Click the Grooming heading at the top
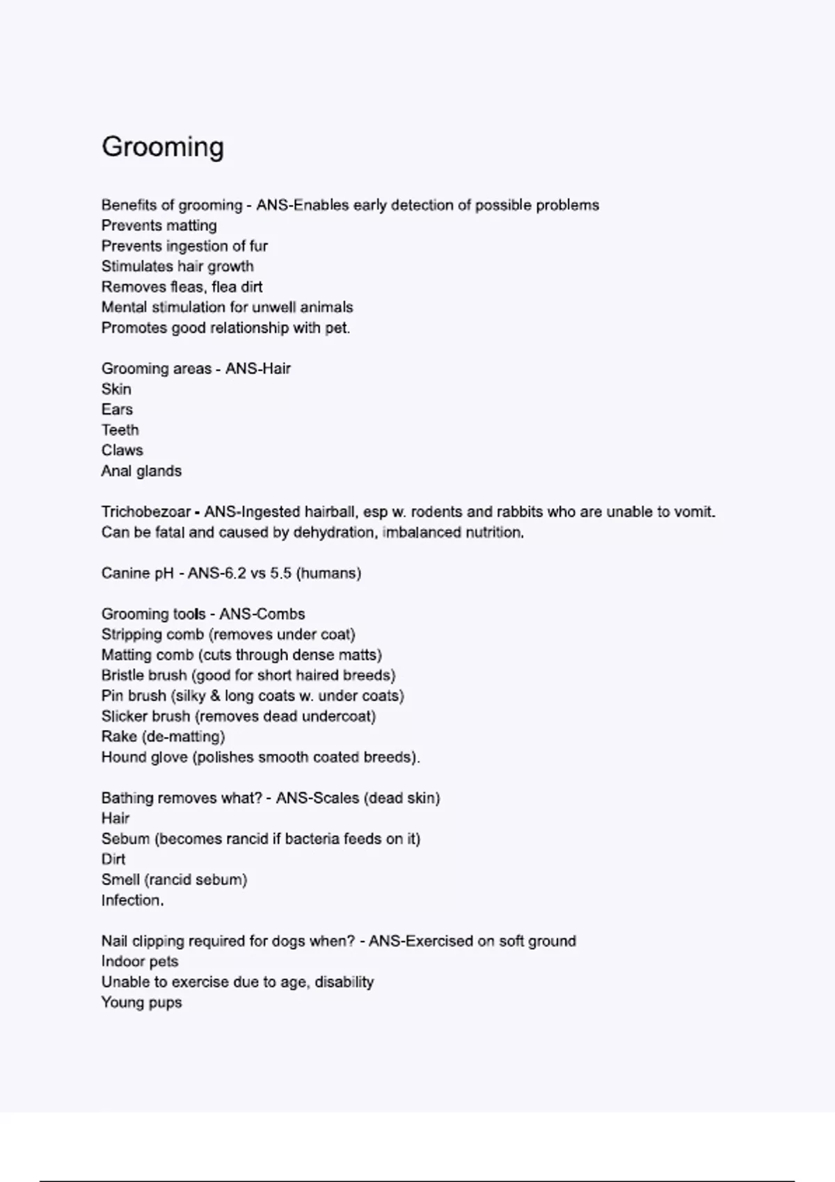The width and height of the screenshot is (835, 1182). coord(163,147)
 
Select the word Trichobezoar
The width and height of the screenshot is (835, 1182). coord(145,512)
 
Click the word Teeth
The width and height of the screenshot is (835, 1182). coord(120,430)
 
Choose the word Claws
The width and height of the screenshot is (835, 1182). coord(122,451)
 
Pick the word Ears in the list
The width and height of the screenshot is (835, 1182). coord(117,410)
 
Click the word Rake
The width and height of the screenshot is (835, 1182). coord(118,736)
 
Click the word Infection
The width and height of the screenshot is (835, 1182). coord(132,900)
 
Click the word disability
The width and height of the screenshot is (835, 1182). coord(344,982)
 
